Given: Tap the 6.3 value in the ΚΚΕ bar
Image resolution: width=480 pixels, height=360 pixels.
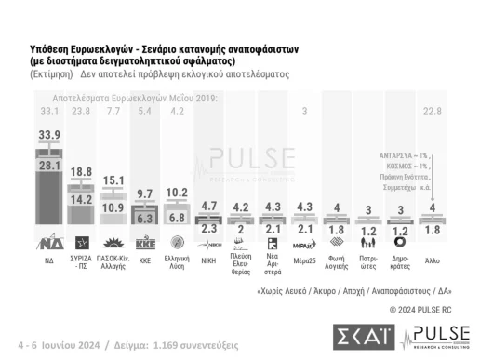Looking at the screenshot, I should click(x=145, y=220).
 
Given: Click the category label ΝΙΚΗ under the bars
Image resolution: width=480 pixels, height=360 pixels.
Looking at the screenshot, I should click(x=209, y=262).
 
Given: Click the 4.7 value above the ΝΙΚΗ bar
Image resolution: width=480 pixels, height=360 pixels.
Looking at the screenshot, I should click(x=209, y=206).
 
